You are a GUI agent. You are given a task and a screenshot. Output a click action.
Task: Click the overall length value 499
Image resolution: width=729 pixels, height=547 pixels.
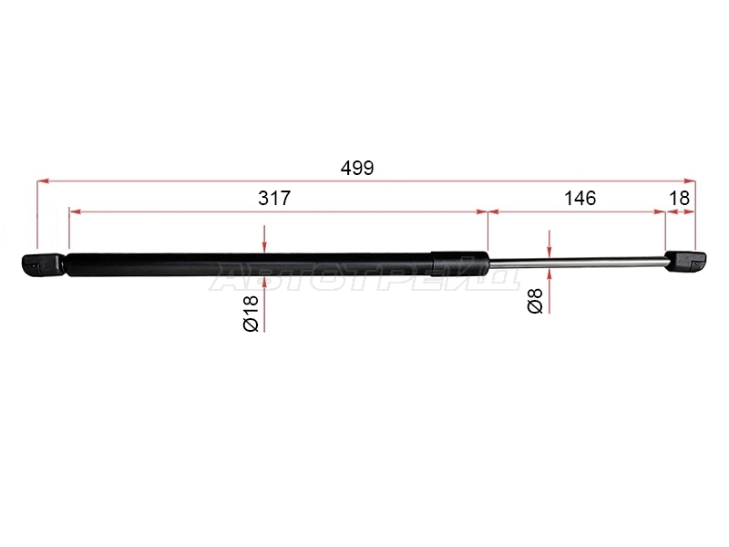357,168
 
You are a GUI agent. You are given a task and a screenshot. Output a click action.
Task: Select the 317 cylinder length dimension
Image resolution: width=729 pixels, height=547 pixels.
274,198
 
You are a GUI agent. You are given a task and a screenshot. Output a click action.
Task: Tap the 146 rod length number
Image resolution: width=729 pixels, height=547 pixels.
580,198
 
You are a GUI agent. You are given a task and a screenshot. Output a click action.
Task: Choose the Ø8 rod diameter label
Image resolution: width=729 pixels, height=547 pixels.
535,300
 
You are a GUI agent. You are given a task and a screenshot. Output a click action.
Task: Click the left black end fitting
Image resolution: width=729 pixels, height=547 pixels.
43,264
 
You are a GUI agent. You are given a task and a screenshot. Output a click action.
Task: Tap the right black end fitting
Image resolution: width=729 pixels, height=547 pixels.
686,262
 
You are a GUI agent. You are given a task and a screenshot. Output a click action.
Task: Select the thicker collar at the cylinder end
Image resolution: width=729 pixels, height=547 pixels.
459,263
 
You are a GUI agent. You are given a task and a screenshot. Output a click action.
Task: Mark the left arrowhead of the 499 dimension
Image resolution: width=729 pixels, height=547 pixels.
42,181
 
